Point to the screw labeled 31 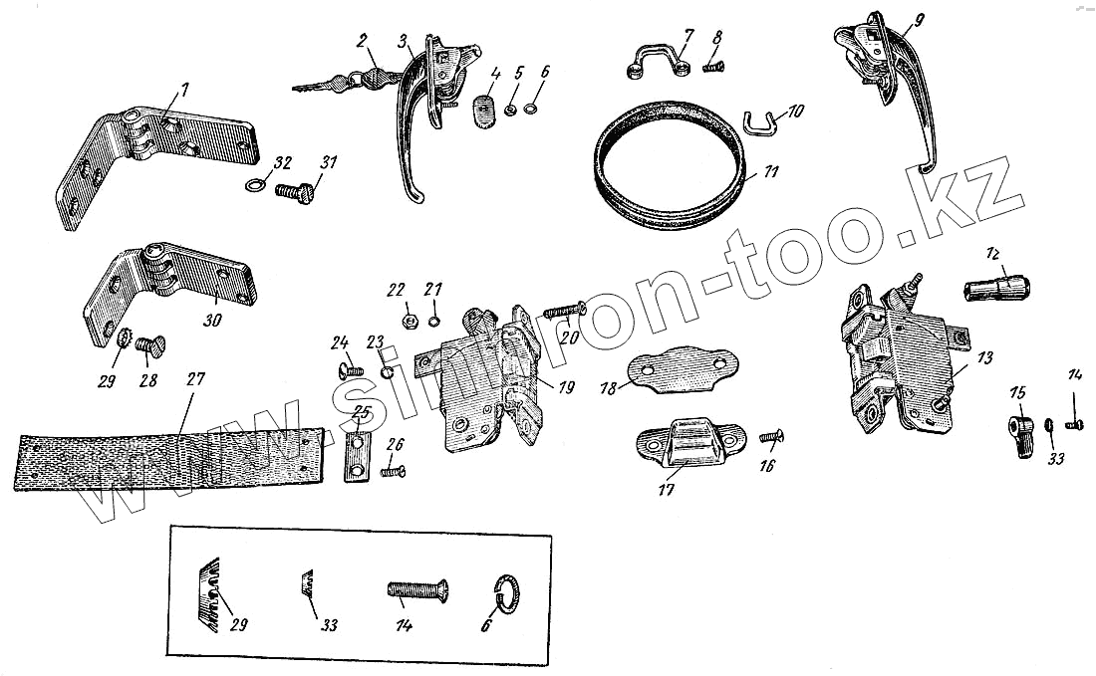[x=295, y=186]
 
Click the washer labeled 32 [x=255, y=185]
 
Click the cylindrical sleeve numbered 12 [x=996, y=290]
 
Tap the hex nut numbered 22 [x=409, y=321]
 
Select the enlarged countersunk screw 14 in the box [x=416, y=591]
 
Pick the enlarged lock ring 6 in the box [x=509, y=592]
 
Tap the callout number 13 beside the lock [x=985, y=357]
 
